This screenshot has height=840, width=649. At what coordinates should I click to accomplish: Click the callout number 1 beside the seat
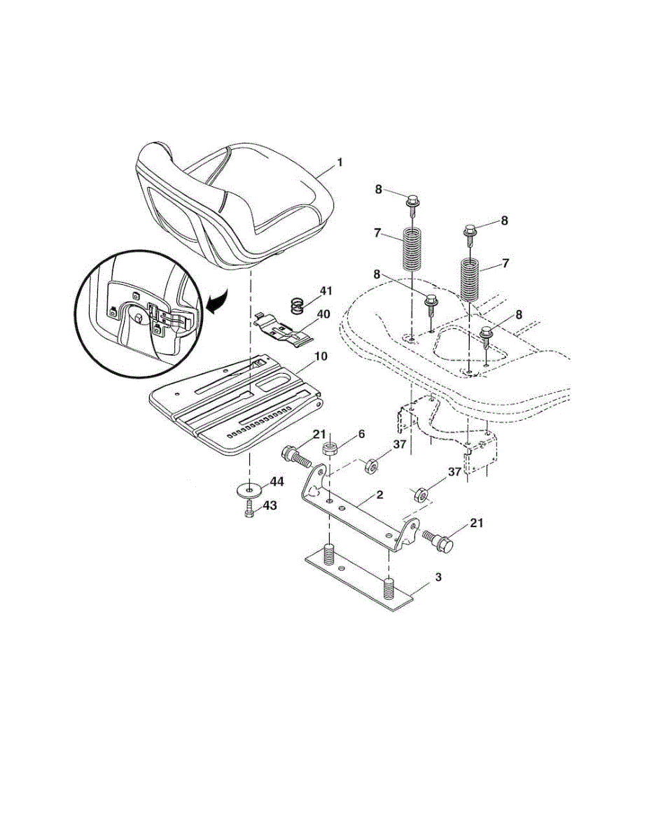click(x=340, y=162)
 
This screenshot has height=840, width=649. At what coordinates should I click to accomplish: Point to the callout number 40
click(x=323, y=315)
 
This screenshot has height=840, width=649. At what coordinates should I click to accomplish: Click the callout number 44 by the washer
click(x=277, y=482)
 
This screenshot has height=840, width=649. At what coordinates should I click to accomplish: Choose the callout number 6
click(x=361, y=434)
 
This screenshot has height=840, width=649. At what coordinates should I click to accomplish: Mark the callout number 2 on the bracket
click(x=379, y=495)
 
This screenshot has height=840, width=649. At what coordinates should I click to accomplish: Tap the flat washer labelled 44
click(x=249, y=487)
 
